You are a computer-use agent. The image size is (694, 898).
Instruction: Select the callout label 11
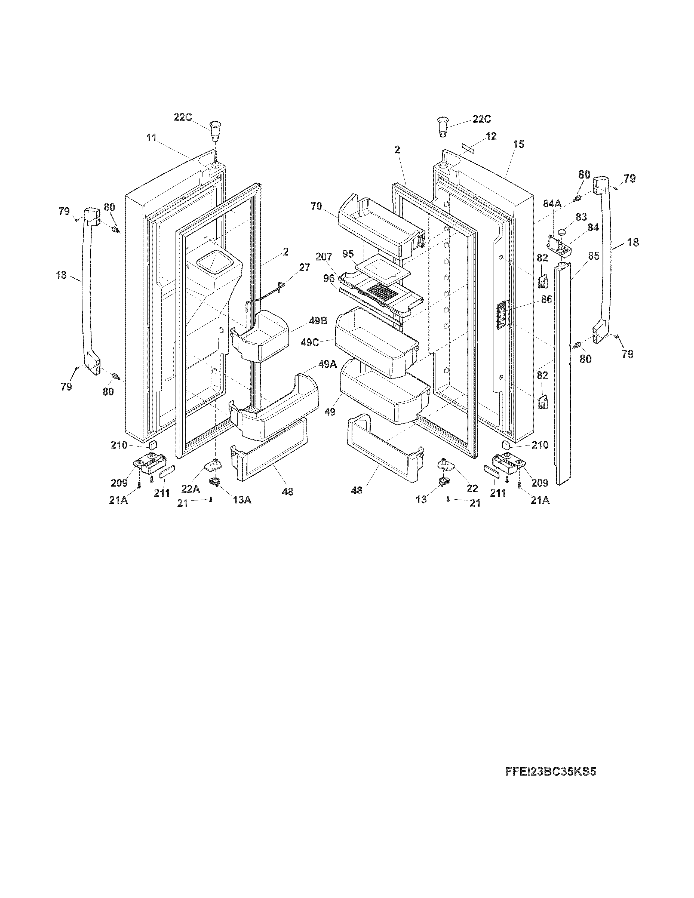(152, 138)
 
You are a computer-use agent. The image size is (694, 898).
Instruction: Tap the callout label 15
(519, 144)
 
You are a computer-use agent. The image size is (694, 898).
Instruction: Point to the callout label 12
(491, 136)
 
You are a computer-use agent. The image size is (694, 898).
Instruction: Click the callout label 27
(304, 268)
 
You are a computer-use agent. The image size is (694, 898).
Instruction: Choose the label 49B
(318, 321)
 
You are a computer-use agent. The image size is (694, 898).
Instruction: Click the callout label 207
(324, 257)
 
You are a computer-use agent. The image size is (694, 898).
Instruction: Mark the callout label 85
(593, 256)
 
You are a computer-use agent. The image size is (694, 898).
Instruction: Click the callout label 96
(329, 278)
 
